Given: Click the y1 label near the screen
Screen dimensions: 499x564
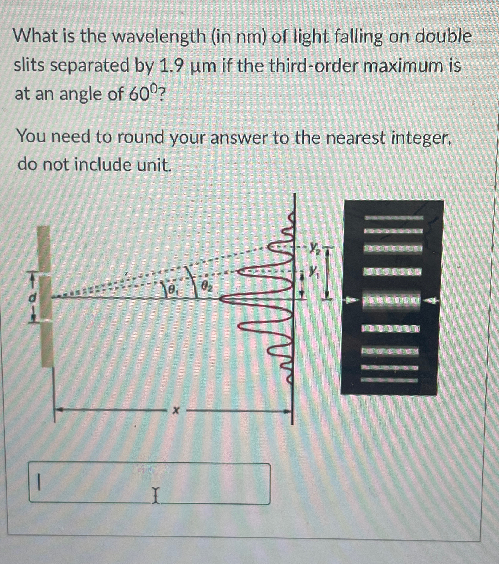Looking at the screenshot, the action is [x=313, y=270].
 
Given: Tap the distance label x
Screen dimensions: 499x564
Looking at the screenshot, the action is [x=176, y=410].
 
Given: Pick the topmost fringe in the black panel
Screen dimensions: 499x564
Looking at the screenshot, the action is [x=393, y=218].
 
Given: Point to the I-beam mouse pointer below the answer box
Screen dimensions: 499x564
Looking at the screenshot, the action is [x=155, y=497].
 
